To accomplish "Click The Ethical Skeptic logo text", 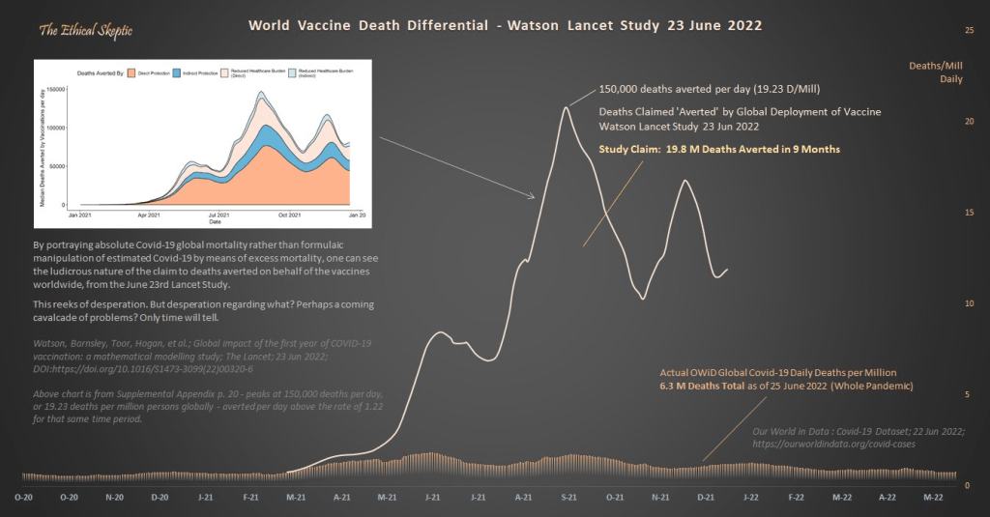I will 86,31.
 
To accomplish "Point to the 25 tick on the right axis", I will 970,30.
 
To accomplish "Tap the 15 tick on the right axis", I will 970,213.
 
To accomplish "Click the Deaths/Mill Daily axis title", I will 935,72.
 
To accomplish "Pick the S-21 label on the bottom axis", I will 569,497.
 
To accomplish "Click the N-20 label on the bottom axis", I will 113,497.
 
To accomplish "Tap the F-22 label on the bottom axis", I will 796,497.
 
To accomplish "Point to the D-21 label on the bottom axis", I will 705,497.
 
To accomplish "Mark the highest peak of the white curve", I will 566,107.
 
